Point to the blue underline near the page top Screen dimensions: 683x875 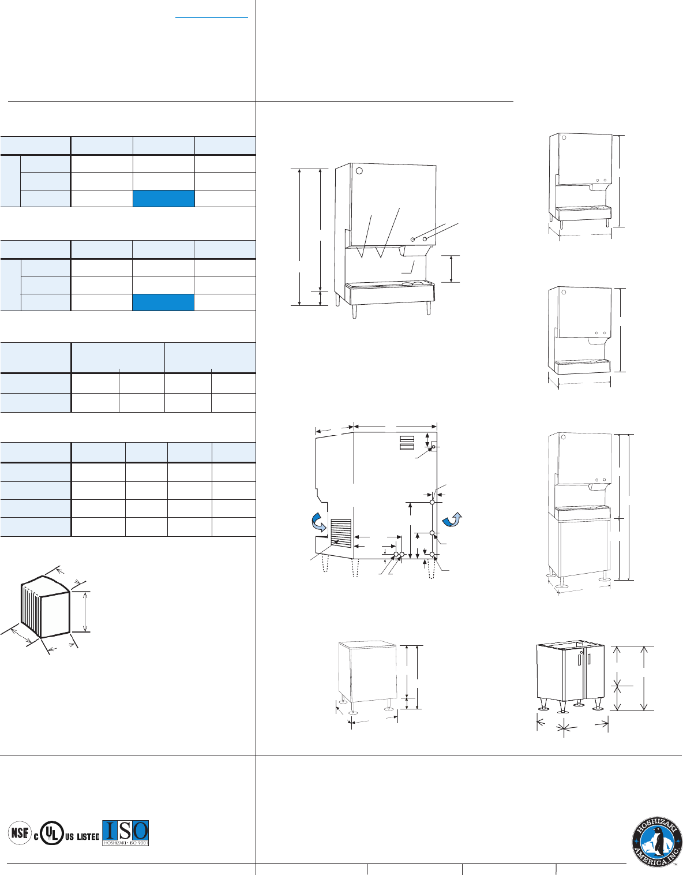212,17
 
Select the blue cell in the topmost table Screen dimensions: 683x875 164,198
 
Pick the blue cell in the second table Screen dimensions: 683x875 164,302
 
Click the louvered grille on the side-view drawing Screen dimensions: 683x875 341,533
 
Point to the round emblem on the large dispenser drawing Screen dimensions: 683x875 359,171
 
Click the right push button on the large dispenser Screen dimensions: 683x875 426,239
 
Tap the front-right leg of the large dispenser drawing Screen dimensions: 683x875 428,308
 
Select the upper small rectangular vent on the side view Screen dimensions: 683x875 407,439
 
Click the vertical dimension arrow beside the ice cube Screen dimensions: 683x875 85,611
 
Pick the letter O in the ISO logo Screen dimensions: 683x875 140,831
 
